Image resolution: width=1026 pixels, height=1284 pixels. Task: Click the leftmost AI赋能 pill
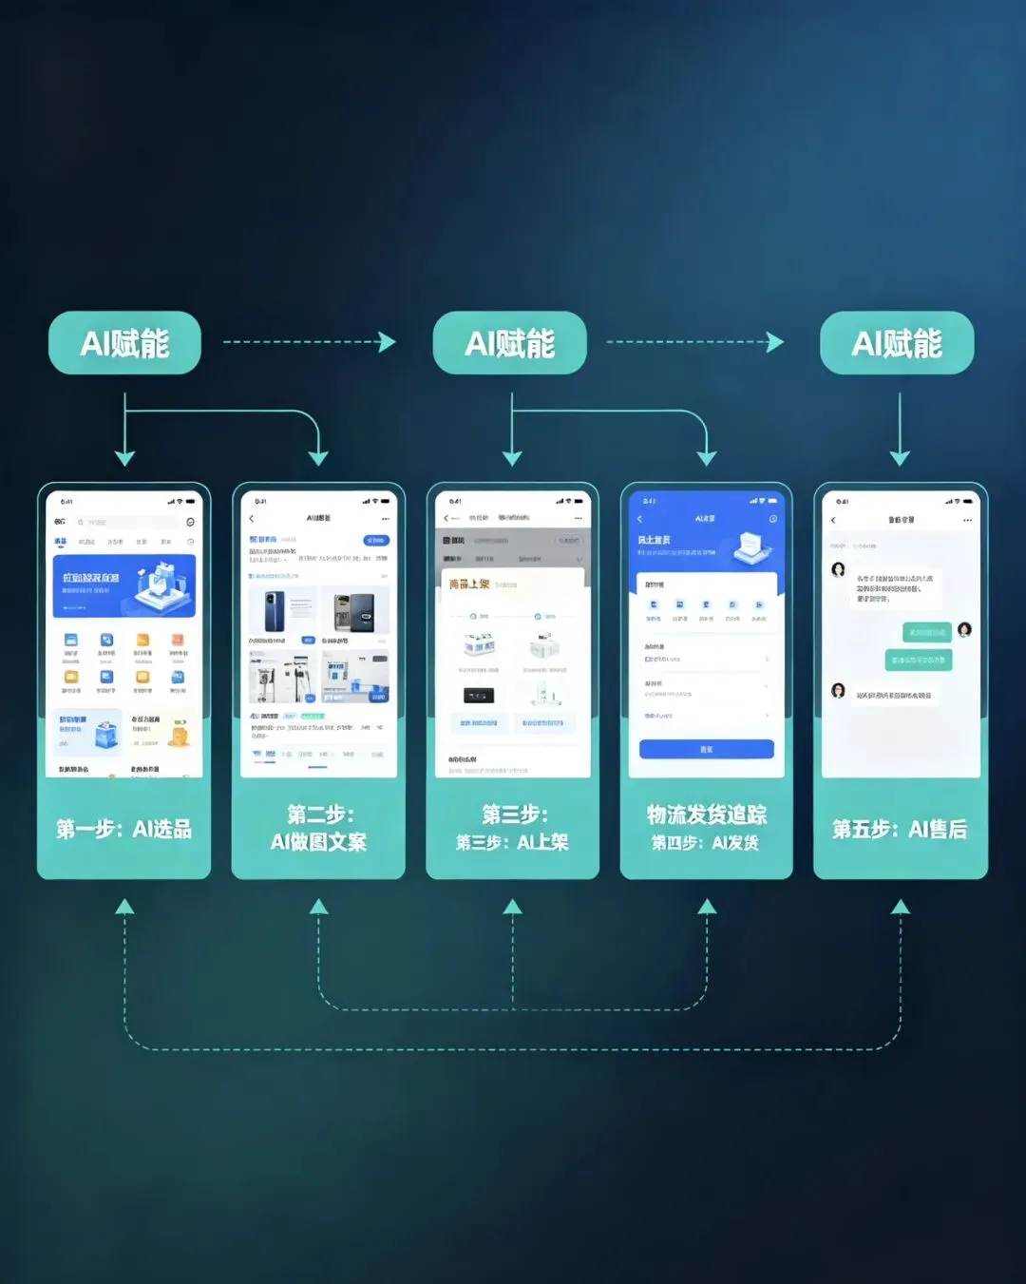click(124, 343)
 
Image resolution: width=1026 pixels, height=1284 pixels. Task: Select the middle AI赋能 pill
click(510, 343)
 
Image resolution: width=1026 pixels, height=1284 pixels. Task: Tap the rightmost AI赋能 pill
click(897, 343)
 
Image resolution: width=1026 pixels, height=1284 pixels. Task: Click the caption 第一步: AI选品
click(123, 830)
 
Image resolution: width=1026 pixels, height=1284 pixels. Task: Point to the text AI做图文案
click(318, 842)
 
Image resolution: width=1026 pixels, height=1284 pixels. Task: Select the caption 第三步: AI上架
click(512, 842)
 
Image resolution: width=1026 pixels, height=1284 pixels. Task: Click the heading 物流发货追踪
click(707, 814)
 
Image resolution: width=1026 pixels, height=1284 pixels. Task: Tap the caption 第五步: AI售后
click(900, 830)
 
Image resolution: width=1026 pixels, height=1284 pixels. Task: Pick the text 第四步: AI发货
click(706, 843)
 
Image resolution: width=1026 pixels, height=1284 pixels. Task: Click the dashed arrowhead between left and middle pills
click(387, 342)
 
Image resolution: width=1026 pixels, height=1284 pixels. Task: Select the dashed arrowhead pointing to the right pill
click(775, 342)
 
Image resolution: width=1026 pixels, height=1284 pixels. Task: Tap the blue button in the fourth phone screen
click(706, 749)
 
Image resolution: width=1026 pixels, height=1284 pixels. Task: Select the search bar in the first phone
click(127, 522)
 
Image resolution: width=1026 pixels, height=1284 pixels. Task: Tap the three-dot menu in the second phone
click(386, 519)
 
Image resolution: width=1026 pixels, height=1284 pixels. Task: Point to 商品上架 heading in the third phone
click(470, 584)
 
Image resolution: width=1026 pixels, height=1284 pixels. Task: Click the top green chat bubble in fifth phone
click(925, 632)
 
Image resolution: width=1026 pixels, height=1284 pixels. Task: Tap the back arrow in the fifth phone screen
click(833, 520)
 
